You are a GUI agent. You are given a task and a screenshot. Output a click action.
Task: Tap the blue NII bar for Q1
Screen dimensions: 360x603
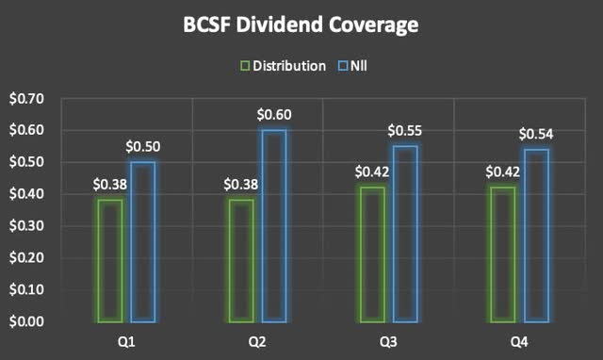point(143,241)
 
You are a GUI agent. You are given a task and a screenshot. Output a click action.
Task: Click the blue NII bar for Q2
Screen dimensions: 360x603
point(273,225)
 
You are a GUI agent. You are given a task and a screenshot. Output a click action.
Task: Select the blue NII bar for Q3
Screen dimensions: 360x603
point(405,233)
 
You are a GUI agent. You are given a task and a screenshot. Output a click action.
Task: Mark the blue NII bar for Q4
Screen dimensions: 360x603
point(535,235)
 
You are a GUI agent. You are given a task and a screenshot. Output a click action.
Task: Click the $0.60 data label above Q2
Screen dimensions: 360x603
point(274,115)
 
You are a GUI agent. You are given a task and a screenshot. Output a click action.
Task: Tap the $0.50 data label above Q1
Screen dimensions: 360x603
point(143,147)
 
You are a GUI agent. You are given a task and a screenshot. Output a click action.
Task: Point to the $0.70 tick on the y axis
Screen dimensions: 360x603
point(26,98)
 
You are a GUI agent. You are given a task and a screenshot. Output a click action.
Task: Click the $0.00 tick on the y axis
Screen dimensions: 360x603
point(26,321)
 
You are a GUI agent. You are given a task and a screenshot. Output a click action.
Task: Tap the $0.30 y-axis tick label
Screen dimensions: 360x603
point(26,226)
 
